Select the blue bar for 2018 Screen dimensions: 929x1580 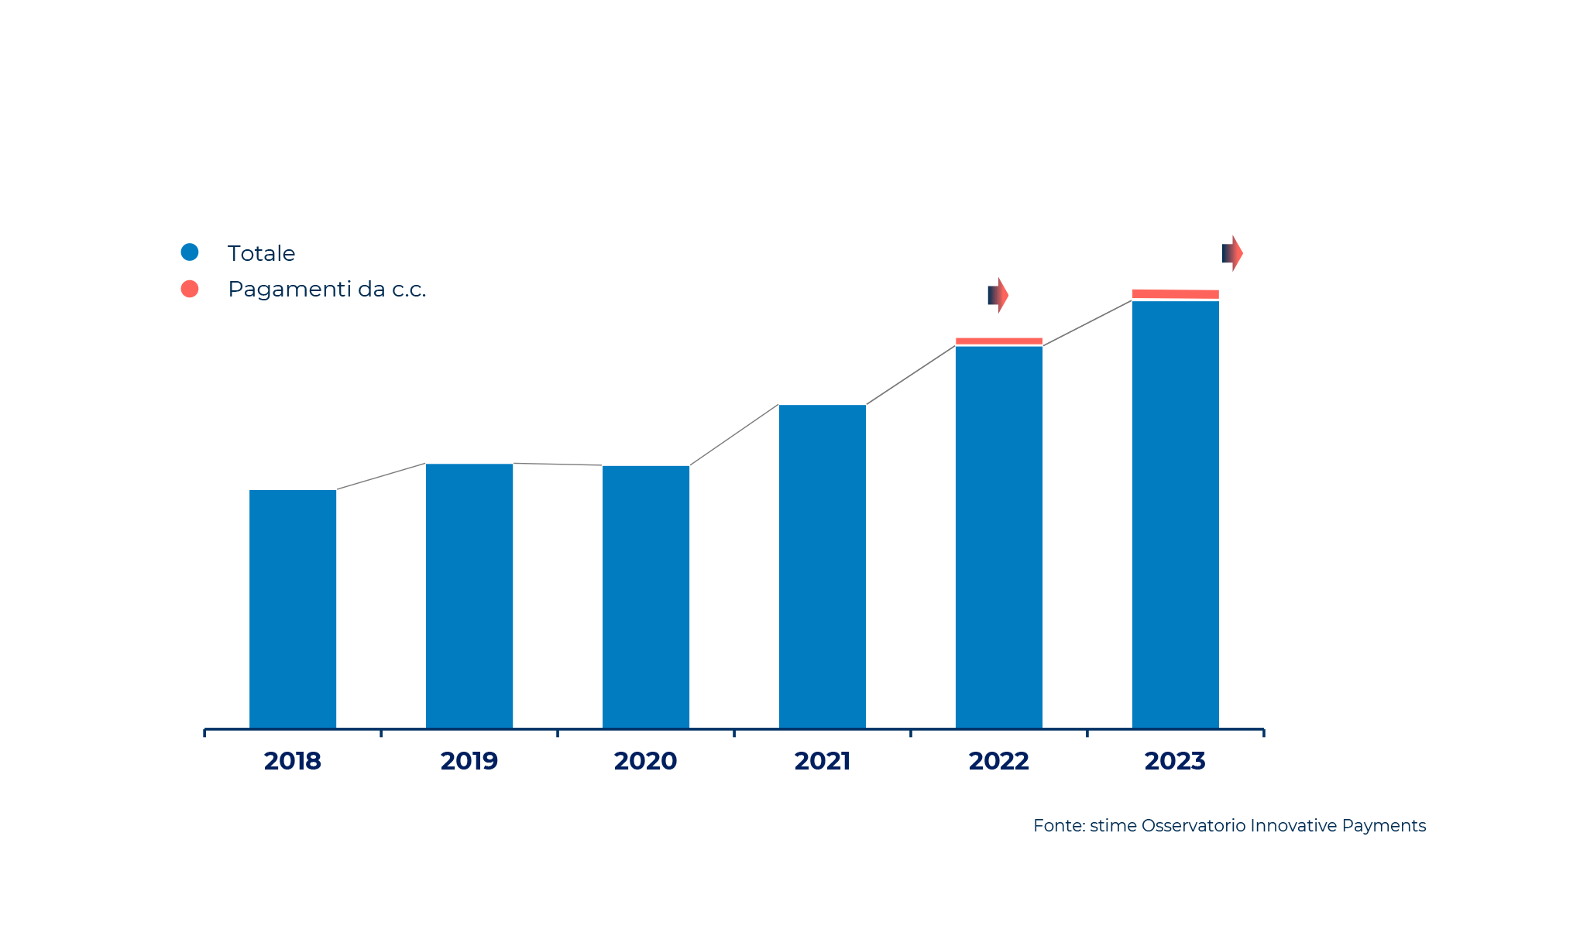(293, 608)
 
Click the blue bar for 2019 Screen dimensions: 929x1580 (469, 595)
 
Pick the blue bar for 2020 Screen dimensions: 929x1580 (646, 596)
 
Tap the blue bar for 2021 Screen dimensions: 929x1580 (823, 566)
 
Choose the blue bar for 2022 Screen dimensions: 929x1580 (999, 536)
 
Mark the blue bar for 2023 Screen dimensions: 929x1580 (1176, 514)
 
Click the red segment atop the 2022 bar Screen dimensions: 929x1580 (999, 341)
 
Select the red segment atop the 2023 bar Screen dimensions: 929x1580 (1176, 294)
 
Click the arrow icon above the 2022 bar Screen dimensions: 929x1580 (998, 295)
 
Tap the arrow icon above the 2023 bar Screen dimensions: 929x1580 (1232, 253)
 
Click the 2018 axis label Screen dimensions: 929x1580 (293, 761)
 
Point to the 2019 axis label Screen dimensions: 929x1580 (469, 761)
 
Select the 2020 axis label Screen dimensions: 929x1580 (646, 761)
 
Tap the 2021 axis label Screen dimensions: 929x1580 (823, 761)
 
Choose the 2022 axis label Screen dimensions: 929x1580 (999, 761)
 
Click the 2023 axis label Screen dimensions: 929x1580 (1176, 761)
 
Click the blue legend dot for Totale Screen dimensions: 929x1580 (190, 252)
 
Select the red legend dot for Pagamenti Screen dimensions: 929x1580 (190, 289)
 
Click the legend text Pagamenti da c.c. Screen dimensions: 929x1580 (327, 290)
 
